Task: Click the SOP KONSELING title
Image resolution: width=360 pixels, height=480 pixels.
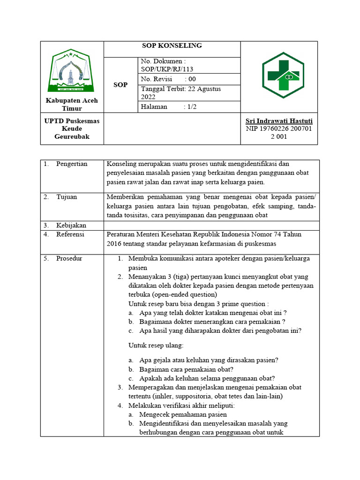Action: point(172,45)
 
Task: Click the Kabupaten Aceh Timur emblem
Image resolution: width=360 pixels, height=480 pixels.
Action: point(72,71)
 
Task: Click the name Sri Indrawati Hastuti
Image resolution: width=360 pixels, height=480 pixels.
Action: point(279,121)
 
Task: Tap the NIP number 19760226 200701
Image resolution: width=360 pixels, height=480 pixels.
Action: point(279,129)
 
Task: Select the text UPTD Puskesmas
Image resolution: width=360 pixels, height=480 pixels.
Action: point(72,121)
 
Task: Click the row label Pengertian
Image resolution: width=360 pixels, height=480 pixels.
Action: point(72,164)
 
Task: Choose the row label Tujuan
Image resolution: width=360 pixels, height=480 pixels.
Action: point(67,197)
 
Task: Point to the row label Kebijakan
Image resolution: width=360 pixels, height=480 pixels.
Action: point(71,225)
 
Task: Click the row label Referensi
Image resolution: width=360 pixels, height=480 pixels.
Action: point(70,234)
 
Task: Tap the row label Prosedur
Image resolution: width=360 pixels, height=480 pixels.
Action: point(69,259)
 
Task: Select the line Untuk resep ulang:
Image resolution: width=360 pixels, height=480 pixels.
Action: point(156,345)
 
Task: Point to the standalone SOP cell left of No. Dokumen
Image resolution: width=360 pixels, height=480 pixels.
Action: point(120,85)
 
